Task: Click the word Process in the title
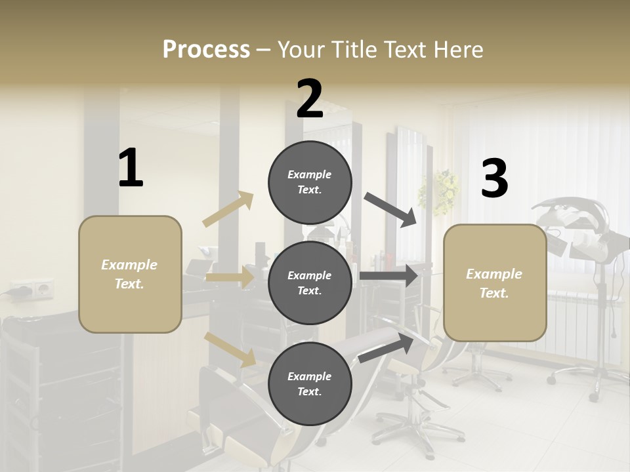pos(206,50)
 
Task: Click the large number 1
pos(131,168)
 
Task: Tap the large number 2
pos(310,99)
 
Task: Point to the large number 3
pos(494,179)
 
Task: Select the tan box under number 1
pos(130,274)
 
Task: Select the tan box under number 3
pos(494,283)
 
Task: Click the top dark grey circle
pos(310,182)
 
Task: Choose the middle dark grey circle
pos(310,283)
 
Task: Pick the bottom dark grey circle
pos(310,383)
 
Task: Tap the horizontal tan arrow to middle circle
pos(230,277)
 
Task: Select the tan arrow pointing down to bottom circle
pos(230,349)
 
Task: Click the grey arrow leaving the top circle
pos(391,210)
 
